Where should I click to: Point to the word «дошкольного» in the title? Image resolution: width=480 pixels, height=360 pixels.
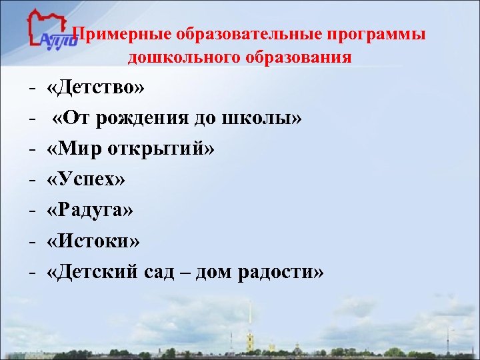183,57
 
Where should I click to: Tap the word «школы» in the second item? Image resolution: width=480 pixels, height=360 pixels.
273,119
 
